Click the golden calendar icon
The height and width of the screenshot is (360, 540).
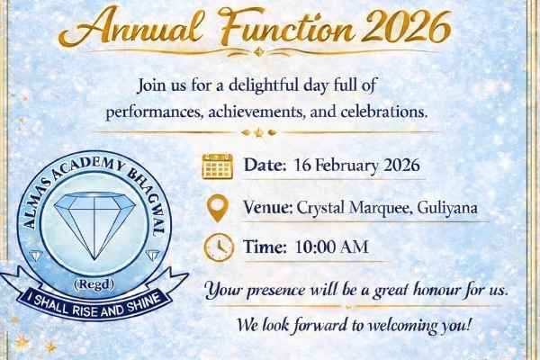click(x=217, y=166)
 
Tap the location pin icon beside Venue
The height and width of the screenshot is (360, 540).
click(x=218, y=208)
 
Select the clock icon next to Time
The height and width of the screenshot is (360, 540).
click(x=219, y=247)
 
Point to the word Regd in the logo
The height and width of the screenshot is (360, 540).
click(x=94, y=284)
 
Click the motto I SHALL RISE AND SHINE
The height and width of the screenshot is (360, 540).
click(x=97, y=305)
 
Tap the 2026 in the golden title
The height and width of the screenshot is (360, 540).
click(x=406, y=28)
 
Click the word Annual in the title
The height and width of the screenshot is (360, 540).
click(x=130, y=28)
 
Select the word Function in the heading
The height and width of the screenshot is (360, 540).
click(x=287, y=28)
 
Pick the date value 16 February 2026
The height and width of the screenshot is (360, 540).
click(x=356, y=166)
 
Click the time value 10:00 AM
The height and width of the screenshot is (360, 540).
click(x=332, y=247)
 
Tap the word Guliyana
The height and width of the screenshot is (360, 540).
click(x=447, y=208)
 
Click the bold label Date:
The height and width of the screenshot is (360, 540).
click(x=265, y=165)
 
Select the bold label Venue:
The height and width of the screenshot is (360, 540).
click(x=268, y=207)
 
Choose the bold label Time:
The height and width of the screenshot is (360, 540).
click(x=265, y=247)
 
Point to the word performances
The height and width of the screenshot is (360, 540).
click(x=154, y=112)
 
